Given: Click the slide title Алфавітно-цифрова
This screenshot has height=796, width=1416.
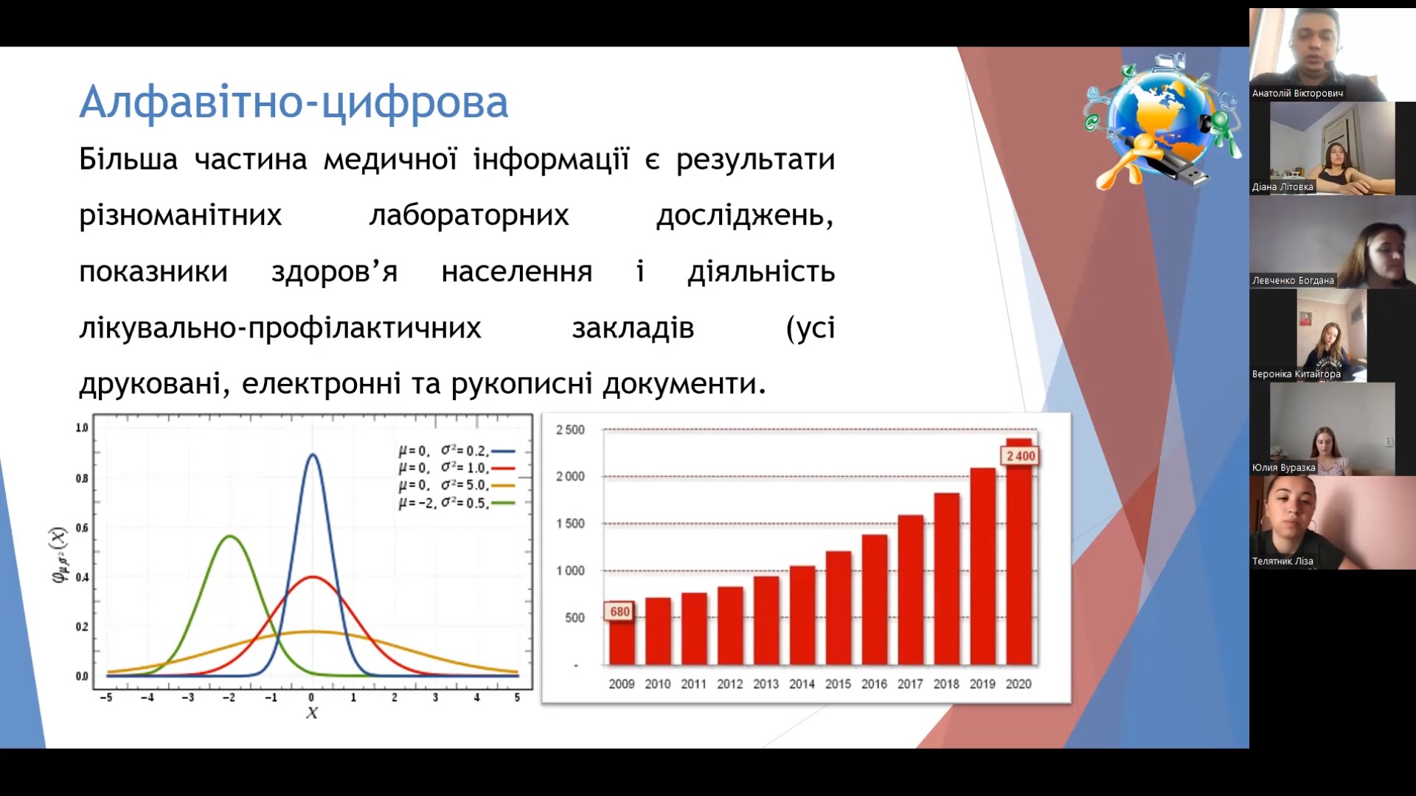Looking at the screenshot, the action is click(x=294, y=102).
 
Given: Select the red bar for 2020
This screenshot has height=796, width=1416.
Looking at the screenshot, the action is click(x=1019, y=552).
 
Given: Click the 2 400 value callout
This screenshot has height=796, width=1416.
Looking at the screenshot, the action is click(x=1021, y=456).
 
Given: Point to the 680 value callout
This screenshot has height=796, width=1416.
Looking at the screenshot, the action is click(x=620, y=612).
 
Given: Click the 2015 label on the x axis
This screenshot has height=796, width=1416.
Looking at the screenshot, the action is click(x=838, y=684).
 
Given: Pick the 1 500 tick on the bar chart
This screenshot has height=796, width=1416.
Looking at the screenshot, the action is click(x=570, y=523).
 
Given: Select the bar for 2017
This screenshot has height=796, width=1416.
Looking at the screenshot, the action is click(x=911, y=590).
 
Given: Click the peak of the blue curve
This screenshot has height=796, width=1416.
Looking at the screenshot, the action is click(x=313, y=454).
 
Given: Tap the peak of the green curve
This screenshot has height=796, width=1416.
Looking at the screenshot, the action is click(x=230, y=536).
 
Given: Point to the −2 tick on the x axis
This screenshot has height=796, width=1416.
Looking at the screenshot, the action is click(x=229, y=697).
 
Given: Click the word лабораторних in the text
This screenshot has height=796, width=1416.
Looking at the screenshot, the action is click(x=469, y=215).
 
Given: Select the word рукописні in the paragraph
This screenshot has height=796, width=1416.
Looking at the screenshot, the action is click(x=521, y=384).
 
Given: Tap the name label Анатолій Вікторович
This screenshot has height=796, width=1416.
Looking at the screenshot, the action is click(x=1297, y=94).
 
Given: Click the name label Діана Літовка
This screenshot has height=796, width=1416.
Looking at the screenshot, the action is click(x=1283, y=187).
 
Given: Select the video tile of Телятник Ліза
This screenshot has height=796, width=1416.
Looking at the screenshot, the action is click(x=1333, y=523).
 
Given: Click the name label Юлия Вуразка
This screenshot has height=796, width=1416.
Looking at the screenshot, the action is click(x=1283, y=468).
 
